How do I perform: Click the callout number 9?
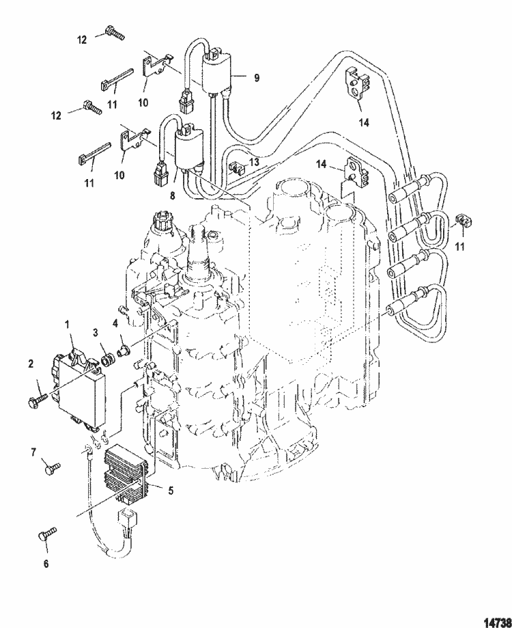(257, 77)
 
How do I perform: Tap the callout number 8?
(173, 196)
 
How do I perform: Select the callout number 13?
(255, 162)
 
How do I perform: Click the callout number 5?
(171, 490)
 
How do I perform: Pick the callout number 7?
(33, 452)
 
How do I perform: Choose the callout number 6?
(46, 564)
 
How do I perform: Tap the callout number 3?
(96, 332)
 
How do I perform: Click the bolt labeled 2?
(38, 399)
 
